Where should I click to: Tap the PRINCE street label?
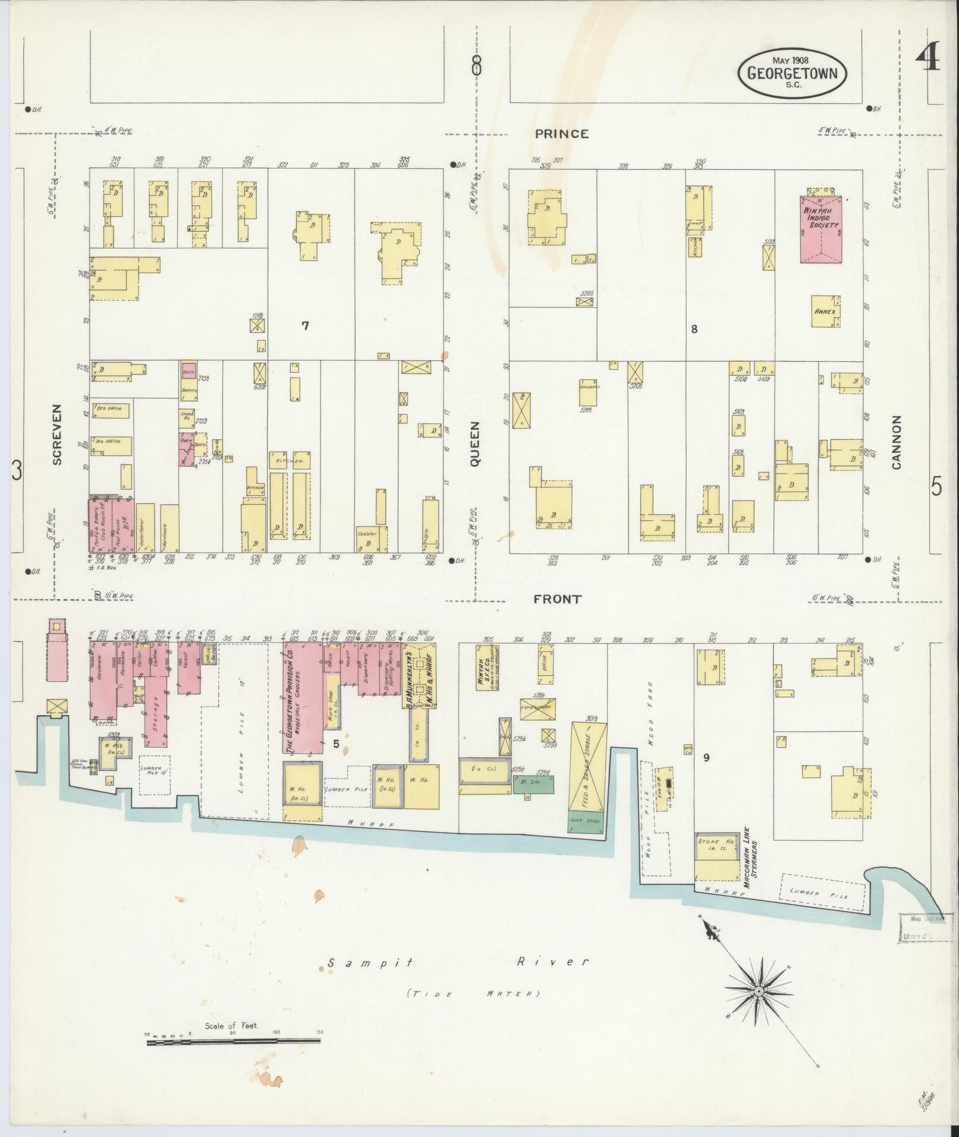(561, 134)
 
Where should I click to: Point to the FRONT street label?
(556, 599)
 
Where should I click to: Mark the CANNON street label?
(897, 442)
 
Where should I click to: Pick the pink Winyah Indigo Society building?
(820, 229)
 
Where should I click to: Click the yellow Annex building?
(825, 311)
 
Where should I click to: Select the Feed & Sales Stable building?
(588, 767)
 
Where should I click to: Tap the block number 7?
(305, 326)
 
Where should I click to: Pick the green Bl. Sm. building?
(533, 785)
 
